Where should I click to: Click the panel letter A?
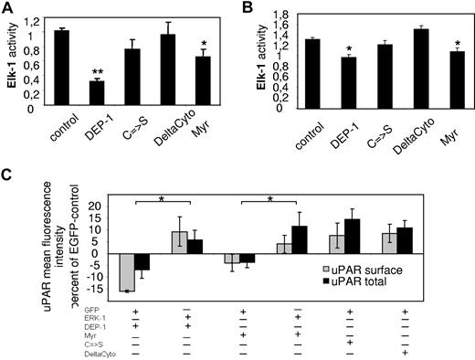click(x=6, y=8)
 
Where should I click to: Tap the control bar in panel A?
click(x=62, y=69)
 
